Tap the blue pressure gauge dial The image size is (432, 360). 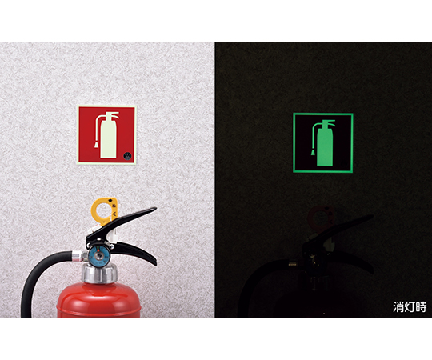coord(99,256)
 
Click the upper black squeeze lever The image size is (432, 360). coord(122,224)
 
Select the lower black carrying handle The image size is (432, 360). coord(136,253)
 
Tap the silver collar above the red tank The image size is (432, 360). coord(99,274)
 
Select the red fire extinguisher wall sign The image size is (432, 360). coord(106,134)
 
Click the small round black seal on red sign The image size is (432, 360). coord(128,156)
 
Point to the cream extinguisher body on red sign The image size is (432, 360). coord(108,139)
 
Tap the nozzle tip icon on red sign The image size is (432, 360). coord(97,145)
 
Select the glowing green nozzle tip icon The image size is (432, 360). coord(314,152)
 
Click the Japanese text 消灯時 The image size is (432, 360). coord(410,307)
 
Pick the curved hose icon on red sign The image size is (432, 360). coord(97,126)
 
